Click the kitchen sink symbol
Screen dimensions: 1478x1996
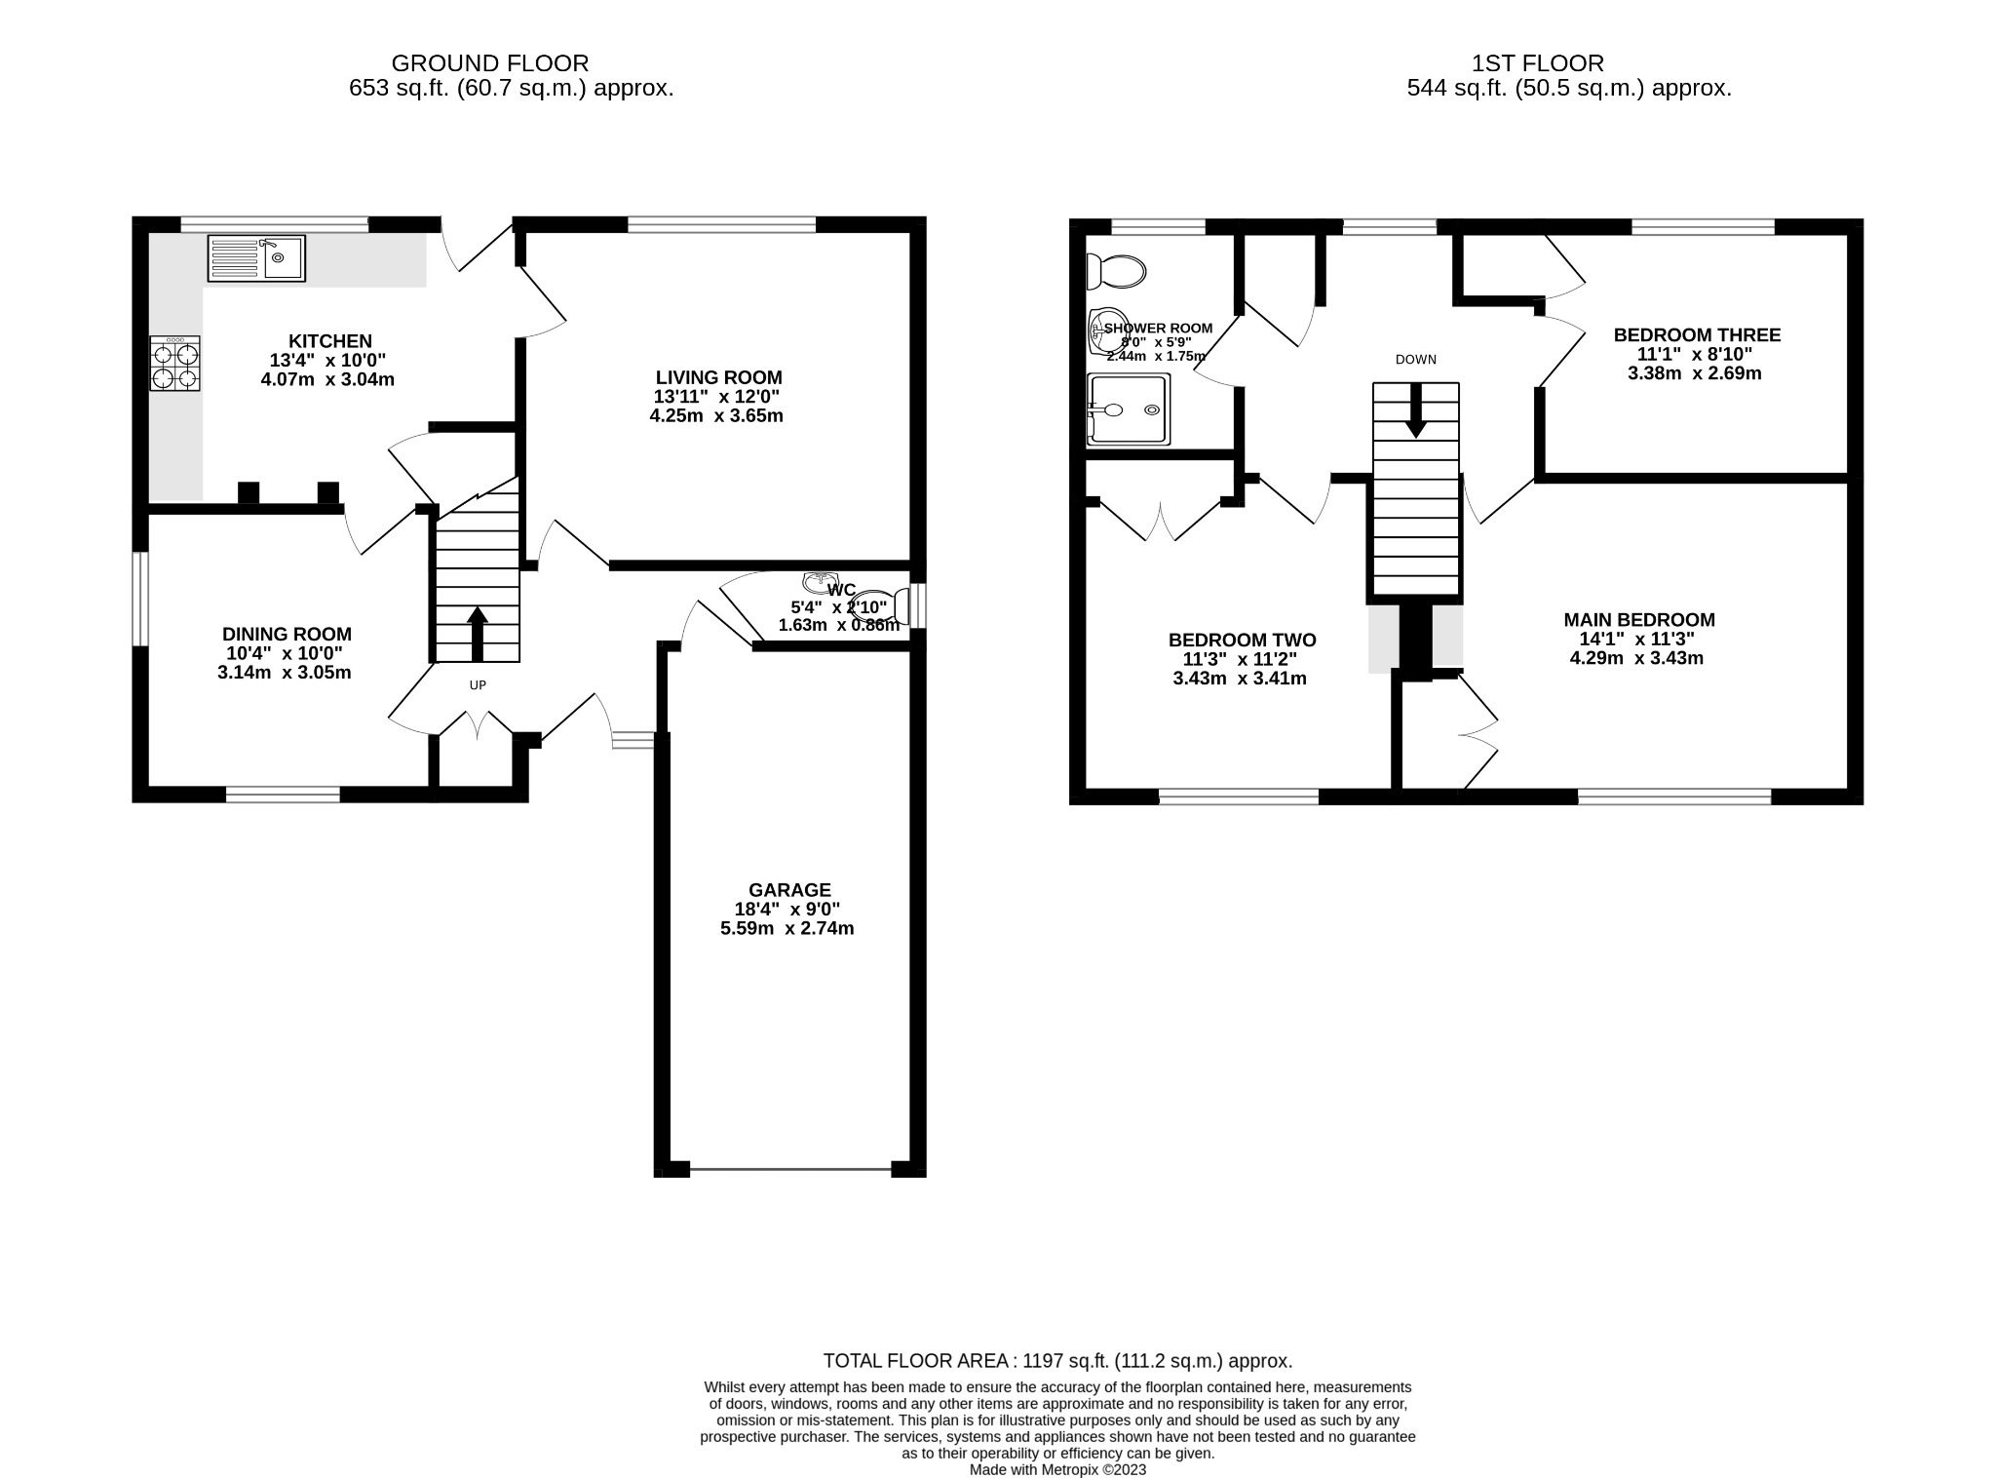[x=256, y=258]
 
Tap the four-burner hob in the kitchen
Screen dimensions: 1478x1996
[x=175, y=364]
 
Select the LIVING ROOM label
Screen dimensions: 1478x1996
[x=718, y=377]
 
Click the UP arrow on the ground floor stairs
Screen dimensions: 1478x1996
[x=478, y=634]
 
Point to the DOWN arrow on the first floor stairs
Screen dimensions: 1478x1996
[x=1416, y=409]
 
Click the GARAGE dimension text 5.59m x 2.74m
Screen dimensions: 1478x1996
[x=787, y=928]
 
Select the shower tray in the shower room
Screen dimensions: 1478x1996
[x=1129, y=409]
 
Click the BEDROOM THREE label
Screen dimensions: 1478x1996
[x=1697, y=335]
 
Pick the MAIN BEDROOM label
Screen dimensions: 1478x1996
[x=1639, y=620]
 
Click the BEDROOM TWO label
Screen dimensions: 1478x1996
[x=1242, y=641]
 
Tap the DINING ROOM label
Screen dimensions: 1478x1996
[x=287, y=635]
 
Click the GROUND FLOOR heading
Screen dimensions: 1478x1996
[x=489, y=63]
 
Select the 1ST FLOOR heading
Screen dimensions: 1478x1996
[x=1537, y=63]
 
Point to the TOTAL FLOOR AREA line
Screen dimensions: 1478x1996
[x=1057, y=1361]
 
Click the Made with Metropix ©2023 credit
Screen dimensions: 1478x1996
[x=1057, y=1469]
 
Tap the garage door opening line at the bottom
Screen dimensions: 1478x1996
[x=789, y=1168]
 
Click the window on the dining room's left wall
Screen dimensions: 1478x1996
[x=140, y=599]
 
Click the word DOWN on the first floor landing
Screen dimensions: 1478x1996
[x=1415, y=360]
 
